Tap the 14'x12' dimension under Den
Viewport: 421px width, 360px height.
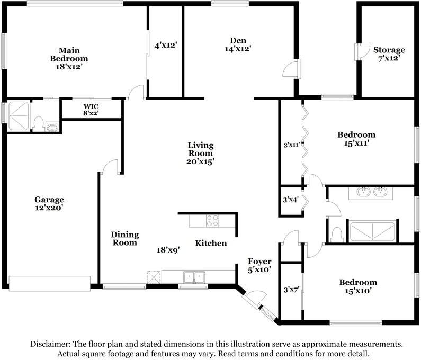(237, 49)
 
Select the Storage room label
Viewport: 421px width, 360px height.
(389, 50)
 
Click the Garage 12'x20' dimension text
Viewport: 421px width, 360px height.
(49, 209)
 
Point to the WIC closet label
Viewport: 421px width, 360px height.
(91, 106)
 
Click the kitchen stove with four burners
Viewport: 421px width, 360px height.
(212, 220)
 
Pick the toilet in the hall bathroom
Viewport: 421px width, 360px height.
(336, 233)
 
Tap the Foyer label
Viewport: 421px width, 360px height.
(259, 262)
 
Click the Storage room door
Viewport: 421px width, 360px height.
(361, 52)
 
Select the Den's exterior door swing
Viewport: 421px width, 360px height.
(291, 69)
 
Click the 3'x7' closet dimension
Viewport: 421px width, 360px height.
(291, 290)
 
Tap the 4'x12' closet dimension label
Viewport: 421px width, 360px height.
(165, 46)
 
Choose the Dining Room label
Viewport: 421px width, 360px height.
(124, 238)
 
